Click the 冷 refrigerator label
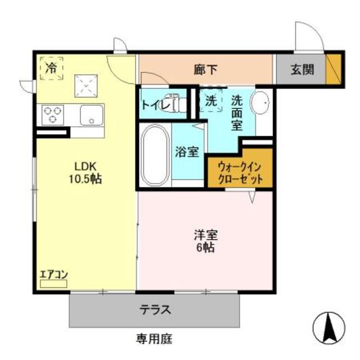(x=51, y=69)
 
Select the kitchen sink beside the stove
(x=91, y=115)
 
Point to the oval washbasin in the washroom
(x=260, y=103)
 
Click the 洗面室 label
(x=237, y=112)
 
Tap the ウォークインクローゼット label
(x=240, y=174)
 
